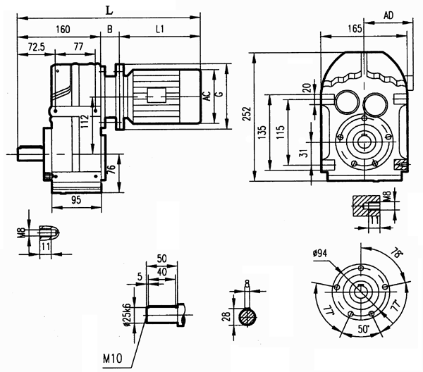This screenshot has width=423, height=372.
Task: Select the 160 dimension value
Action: click(x=62, y=30)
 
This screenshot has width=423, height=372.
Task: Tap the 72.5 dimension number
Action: click(x=37, y=47)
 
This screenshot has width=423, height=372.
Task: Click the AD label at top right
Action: click(x=388, y=15)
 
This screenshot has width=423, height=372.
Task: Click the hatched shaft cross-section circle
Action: click(x=247, y=316)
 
